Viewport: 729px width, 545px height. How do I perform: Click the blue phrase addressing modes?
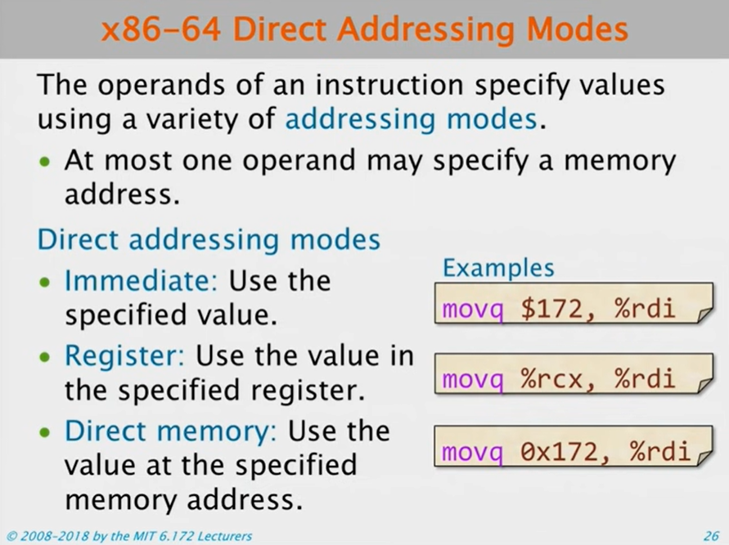[x=412, y=120]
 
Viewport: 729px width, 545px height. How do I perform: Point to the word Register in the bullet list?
[x=127, y=356]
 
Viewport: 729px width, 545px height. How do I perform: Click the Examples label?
[x=498, y=267]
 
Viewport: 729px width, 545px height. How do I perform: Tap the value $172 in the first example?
[x=532, y=310]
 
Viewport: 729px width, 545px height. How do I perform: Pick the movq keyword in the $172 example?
[x=465, y=310]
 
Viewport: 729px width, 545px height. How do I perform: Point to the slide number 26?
[x=710, y=536]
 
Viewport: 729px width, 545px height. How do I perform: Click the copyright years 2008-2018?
[x=56, y=536]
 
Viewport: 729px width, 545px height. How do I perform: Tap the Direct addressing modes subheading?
[x=209, y=240]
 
